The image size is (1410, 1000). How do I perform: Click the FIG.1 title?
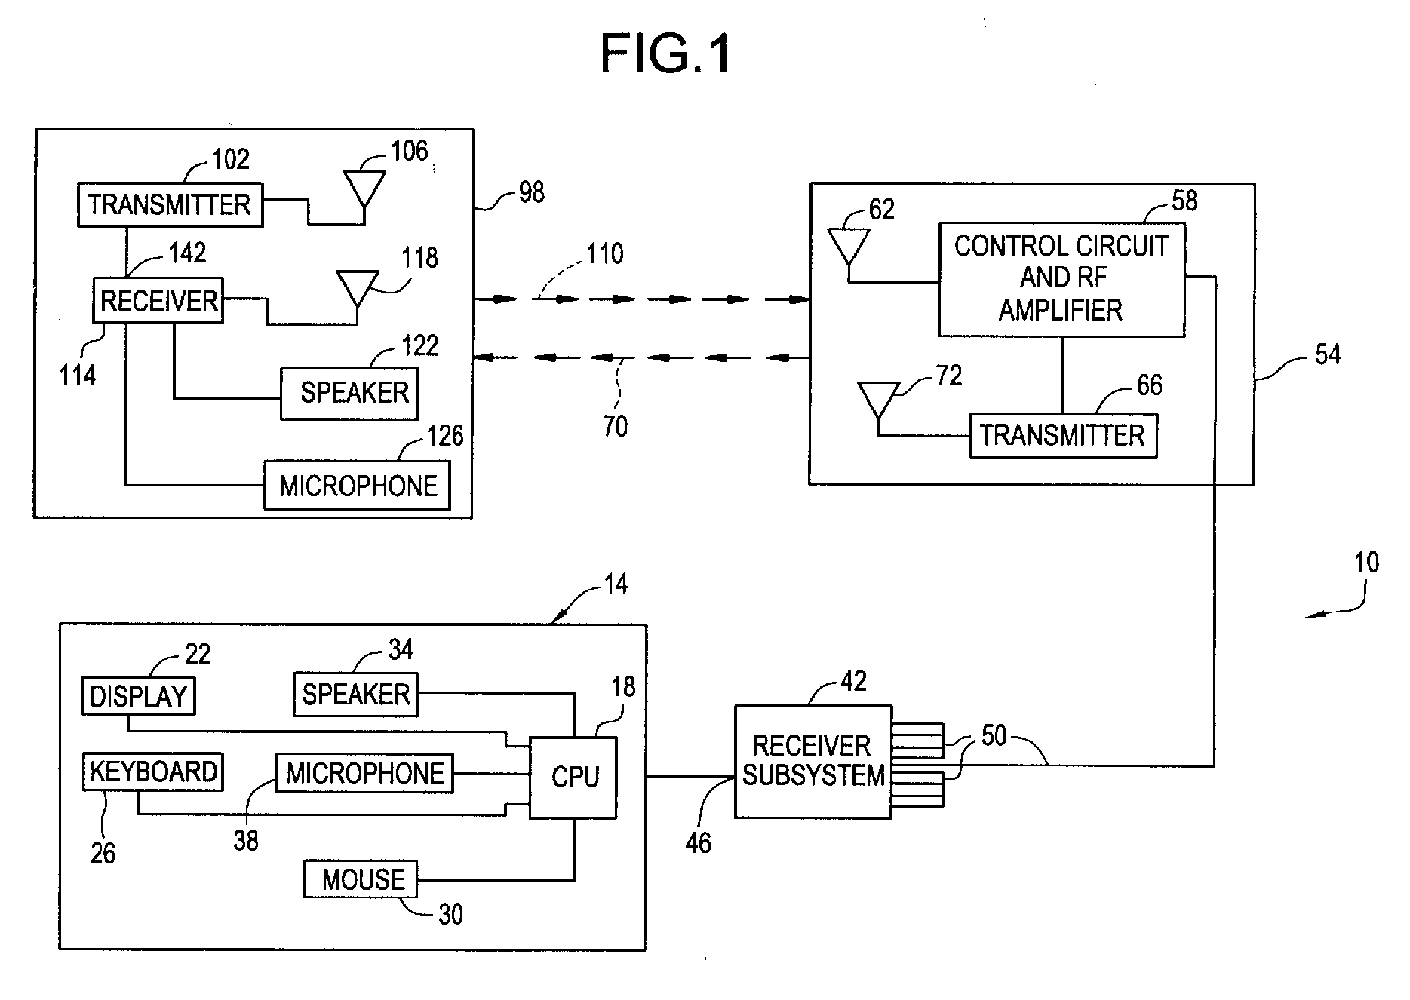click(665, 54)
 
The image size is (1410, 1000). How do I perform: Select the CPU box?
click(573, 778)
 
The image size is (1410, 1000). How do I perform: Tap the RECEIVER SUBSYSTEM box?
click(813, 761)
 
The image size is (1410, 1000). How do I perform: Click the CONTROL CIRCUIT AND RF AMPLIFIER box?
click(1061, 279)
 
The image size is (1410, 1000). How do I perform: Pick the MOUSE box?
click(361, 879)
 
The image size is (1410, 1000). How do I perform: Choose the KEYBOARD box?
click(152, 771)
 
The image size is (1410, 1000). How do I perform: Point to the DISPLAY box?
click(139, 696)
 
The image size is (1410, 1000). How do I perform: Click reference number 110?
click(605, 254)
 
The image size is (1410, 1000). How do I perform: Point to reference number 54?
click(1328, 354)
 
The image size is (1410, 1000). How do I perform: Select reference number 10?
click(1366, 563)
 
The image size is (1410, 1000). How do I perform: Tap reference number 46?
click(698, 843)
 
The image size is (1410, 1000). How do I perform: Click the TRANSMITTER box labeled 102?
click(170, 204)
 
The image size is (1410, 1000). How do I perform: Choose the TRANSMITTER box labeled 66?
click(1063, 435)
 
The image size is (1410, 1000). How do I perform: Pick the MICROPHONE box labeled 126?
click(358, 486)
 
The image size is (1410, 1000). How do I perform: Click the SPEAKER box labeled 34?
click(355, 695)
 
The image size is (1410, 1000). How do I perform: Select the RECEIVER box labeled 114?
click(158, 301)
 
